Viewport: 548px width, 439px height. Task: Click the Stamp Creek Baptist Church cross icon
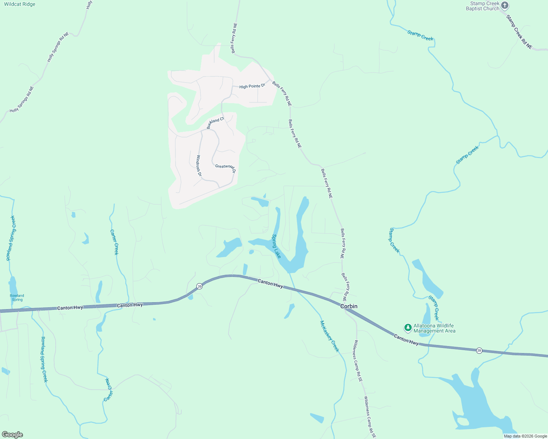click(505, 5)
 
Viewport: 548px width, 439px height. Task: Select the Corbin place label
click(349, 306)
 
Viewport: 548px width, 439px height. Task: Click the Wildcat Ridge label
click(20, 4)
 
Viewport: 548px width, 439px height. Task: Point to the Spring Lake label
click(276, 246)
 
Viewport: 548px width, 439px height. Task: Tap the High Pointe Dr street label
click(252, 86)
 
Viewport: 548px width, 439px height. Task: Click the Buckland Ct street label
click(215, 123)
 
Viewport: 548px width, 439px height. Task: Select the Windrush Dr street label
click(199, 166)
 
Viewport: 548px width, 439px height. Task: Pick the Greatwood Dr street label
click(225, 168)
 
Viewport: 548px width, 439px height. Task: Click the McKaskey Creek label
click(329, 336)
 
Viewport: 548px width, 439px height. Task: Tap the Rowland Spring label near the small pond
click(17, 297)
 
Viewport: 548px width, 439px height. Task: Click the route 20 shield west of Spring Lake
click(199, 286)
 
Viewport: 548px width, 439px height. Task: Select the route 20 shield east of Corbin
click(479, 350)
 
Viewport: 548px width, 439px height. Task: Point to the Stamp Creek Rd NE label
click(519, 32)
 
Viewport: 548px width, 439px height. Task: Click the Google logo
click(12, 435)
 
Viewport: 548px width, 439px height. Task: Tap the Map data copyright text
click(525, 436)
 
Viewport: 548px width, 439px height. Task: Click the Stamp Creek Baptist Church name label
click(482, 6)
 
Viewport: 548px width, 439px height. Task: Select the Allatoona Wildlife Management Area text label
click(434, 328)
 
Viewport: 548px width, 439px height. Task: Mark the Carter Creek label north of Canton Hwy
click(114, 242)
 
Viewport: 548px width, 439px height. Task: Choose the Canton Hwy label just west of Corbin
click(270, 283)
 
